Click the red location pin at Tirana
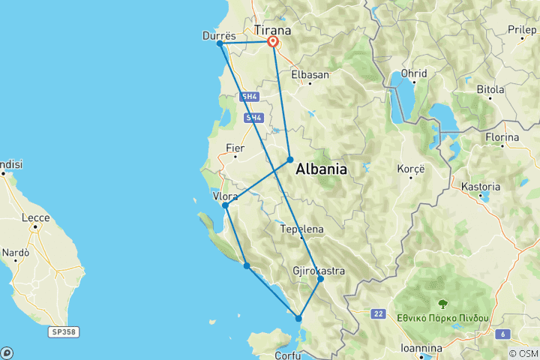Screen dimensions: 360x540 click(x=272, y=42)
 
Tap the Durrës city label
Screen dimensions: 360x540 click(x=219, y=34)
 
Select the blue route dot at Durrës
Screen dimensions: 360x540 click(x=220, y=43)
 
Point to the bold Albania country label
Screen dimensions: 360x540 click(x=321, y=169)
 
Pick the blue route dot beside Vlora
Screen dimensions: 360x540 click(x=225, y=205)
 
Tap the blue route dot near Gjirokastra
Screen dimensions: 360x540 click(x=320, y=279)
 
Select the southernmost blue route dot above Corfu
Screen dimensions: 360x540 click(x=298, y=319)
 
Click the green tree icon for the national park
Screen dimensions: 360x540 click(x=442, y=304)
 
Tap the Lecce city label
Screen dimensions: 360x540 click(x=36, y=218)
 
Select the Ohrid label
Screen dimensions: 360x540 click(x=413, y=73)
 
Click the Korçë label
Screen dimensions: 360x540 click(x=411, y=169)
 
